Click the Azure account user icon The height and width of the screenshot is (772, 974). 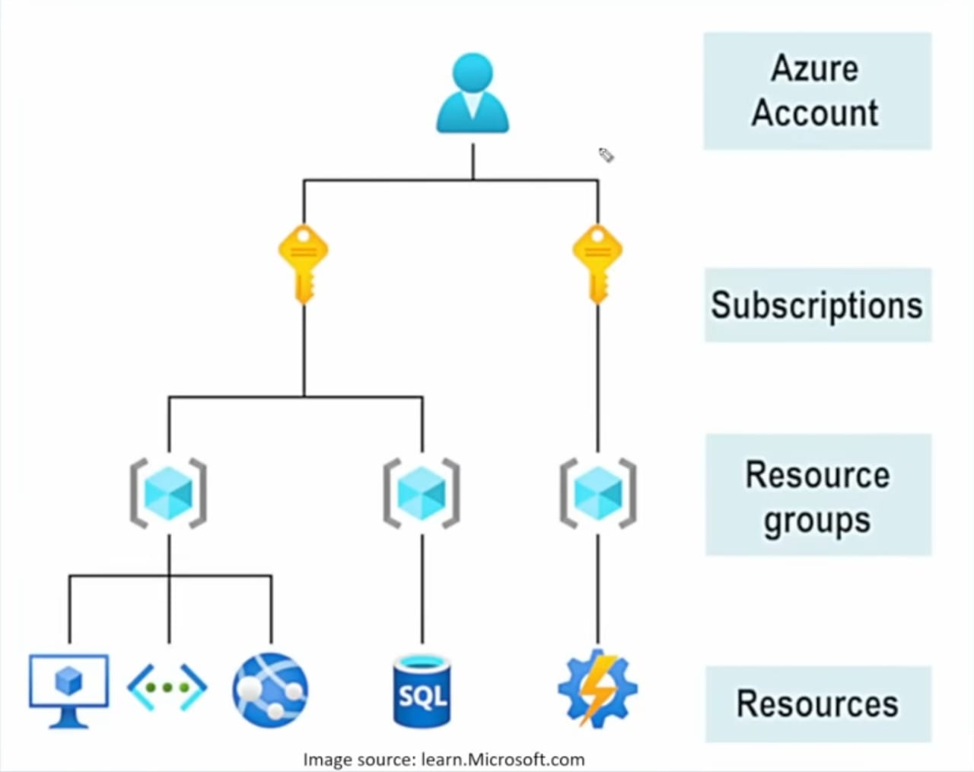473,94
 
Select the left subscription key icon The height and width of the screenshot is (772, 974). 304,261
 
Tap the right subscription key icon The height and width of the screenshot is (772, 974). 597,261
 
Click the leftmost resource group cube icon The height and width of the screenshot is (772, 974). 168,493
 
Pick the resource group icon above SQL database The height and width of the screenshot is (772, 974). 422,493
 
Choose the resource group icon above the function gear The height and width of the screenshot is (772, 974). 598,493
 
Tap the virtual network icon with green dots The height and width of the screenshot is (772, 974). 167,687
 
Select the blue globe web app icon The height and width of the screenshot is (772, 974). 270,689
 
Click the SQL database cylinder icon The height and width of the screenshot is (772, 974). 422,691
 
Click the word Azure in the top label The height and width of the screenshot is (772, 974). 814,69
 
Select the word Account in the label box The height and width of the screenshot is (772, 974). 815,113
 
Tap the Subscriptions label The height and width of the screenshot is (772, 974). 816,305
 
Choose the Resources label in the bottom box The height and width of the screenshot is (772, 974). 817,703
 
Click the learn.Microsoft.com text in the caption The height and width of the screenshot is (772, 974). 502,760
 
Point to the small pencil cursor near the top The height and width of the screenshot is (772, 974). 606,155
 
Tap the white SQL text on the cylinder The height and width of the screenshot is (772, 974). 422,696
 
